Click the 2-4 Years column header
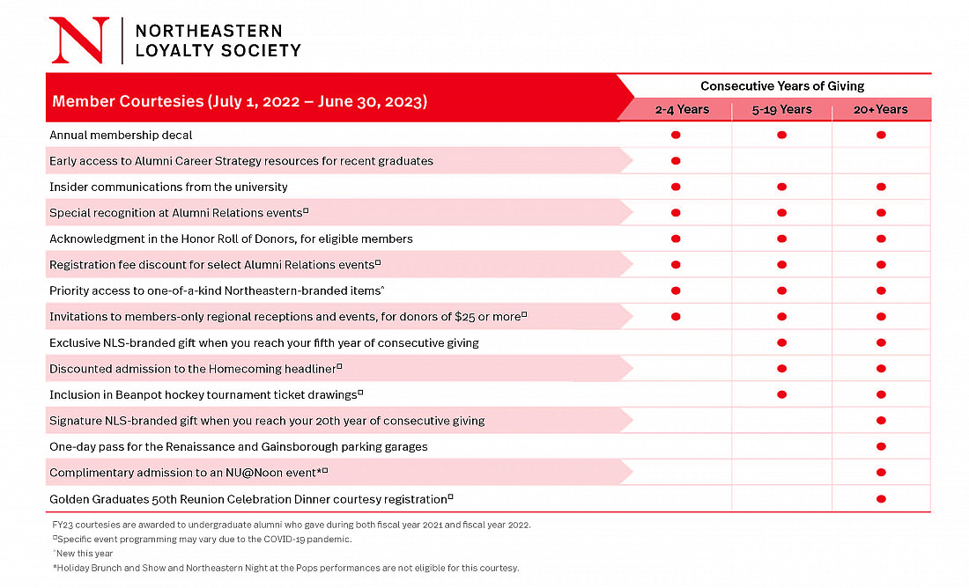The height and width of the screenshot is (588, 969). tap(682, 109)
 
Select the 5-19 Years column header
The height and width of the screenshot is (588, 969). tap(781, 109)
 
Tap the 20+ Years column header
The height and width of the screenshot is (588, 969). tap(881, 109)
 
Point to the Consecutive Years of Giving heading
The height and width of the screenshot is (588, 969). tap(781, 86)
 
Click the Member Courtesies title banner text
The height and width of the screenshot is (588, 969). tap(240, 101)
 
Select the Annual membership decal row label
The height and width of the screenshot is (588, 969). tap(121, 135)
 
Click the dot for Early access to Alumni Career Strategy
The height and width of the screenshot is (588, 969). tap(676, 160)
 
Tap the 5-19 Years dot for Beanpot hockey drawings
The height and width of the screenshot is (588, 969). tap(781, 394)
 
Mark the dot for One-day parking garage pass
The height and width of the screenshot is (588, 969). tap(881, 446)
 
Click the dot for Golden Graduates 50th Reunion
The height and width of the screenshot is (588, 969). tap(881, 498)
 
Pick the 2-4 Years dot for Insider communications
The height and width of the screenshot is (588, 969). tap(676, 187)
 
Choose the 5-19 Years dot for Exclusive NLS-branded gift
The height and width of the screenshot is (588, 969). tap(781, 342)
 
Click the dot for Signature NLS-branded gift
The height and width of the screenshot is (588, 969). tap(881, 420)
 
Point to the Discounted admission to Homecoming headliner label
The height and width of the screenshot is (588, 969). tap(196, 369)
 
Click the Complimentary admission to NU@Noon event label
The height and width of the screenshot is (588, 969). tap(189, 473)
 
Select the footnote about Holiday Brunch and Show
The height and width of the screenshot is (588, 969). tap(285, 568)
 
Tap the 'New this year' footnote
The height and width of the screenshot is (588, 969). tap(83, 554)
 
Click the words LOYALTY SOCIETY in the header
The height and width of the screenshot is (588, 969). tap(218, 51)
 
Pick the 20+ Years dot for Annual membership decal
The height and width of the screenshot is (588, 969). tap(881, 135)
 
